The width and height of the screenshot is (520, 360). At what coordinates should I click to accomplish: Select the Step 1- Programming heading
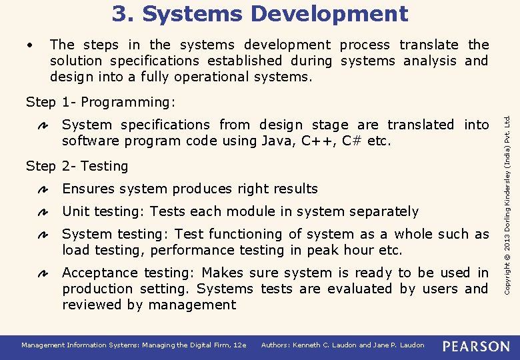(x=101, y=102)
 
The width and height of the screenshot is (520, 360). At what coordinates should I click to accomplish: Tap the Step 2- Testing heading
(x=77, y=166)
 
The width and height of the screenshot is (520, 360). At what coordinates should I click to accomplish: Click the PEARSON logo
(x=476, y=346)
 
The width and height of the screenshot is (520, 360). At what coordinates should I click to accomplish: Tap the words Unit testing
(x=103, y=211)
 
